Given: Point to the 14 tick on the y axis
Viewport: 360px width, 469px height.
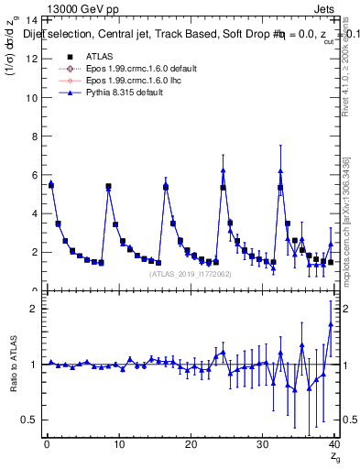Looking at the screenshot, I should pos(32,20).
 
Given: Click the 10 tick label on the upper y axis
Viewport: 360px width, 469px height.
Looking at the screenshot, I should pos(32,97).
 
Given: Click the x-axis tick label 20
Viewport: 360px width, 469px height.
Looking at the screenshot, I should pos(190,444).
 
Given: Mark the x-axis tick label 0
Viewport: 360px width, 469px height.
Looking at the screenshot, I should pos(47,444).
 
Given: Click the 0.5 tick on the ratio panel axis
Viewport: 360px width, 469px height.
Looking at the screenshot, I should pos(30,420).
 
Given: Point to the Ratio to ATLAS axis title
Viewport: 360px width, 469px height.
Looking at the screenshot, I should pos(12,364).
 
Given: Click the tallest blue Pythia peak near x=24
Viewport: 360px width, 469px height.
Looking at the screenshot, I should pos(223,169).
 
